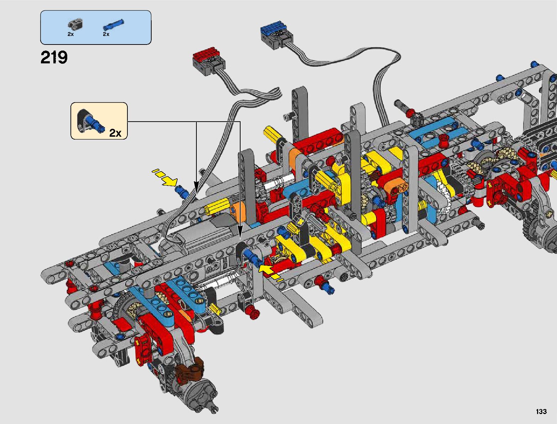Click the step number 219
pyautogui.click(x=54, y=57)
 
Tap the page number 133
pyautogui.click(x=541, y=411)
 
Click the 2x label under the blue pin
pyautogui.click(x=106, y=34)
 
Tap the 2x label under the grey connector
pyautogui.click(x=70, y=34)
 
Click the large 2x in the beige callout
pyautogui.click(x=115, y=133)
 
